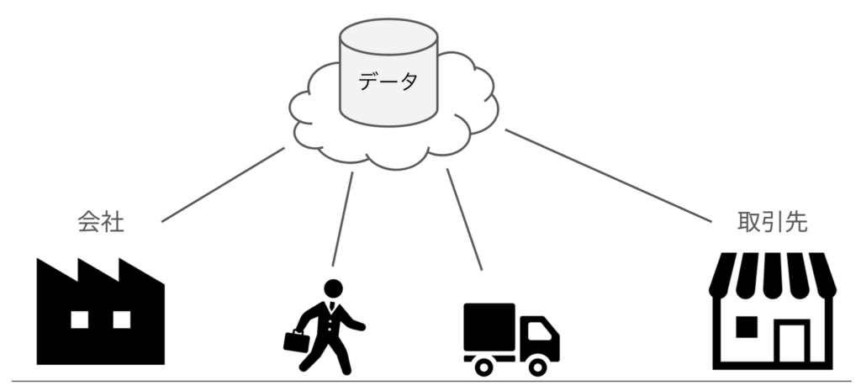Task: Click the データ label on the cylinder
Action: pyautogui.click(x=388, y=82)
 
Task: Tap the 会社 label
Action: pyautogui.click(x=100, y=222)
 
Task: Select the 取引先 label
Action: pyautogui.click(x=771, y=222)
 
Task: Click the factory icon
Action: pyautogui.click(x=100, y=311)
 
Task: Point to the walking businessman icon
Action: pyautogui.click(x=328, y=328)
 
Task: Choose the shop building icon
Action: pyautogui.click(x=772, y=311)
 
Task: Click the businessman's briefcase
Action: pyautogui.click(x=296, y=341)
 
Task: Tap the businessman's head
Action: pyautogui.click(x=334, y=288)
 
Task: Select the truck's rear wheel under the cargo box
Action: pyautogui.click(x=483, y=366)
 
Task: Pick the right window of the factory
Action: pyautogui.click(x=122, y=319)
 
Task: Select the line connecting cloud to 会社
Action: pyautogui.click(x=222, y=186)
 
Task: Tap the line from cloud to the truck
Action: pyautogui.click(x=465, y=219)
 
